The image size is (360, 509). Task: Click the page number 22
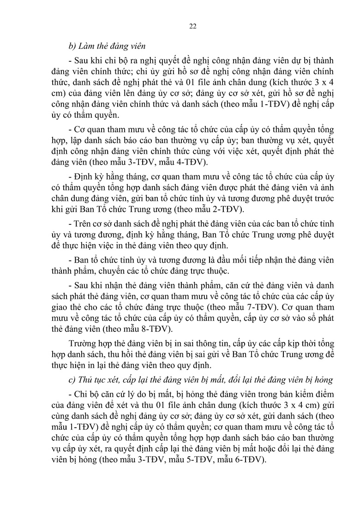(193, 26)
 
